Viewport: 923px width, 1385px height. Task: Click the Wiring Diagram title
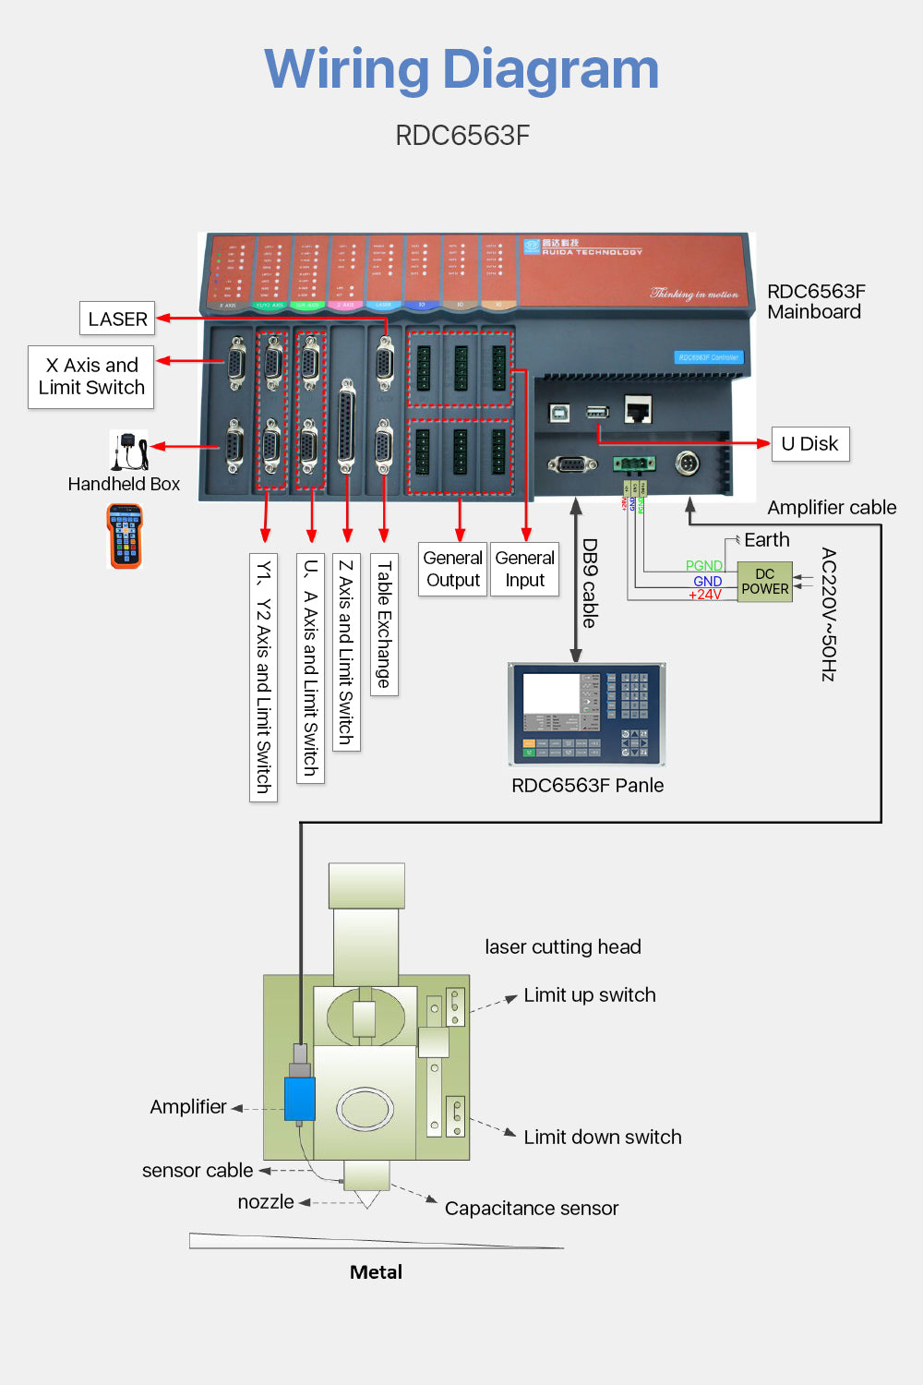(x=461, y=69)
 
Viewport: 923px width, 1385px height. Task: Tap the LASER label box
(x=117, y=319)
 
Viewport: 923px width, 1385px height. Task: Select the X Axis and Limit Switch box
(x=91, y=377)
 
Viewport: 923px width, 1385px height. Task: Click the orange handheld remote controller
(x=125, y=536)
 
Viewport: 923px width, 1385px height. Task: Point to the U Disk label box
(x=809, y=444)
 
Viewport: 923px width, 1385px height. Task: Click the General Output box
(x=452, y=569)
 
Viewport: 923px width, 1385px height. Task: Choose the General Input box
(x=524, y=569)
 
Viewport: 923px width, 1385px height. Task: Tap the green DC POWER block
(x=764, y=582)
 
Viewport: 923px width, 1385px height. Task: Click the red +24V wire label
(x=705, y=596)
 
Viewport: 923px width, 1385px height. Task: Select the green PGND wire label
(x=703, y=566)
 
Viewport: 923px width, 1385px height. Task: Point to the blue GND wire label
(x=707, y=582)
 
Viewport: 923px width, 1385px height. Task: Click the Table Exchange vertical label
(x=384, y=624)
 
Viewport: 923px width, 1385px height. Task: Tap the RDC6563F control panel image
(x=587, y=715)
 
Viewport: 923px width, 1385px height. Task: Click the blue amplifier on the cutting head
(x=299, y=1099)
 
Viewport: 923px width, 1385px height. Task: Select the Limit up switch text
(x=589, y=995)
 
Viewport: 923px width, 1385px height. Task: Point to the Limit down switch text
(x=602, y=1138)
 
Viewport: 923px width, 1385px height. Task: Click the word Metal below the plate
(x=376, y=1272)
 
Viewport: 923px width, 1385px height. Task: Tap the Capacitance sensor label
(x=531, y=1209)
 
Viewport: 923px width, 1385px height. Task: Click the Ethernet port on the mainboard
(x=637, y=409)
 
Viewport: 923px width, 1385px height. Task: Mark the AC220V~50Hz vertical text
(x=828, y=615)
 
